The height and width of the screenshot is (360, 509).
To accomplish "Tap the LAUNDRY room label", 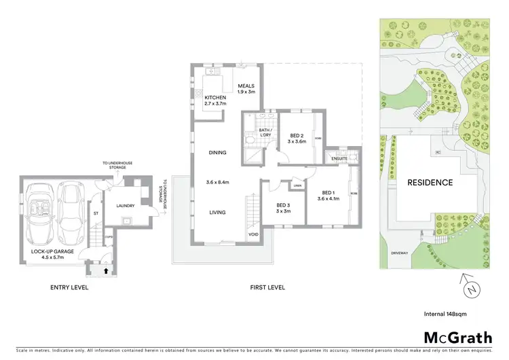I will pyautogui.click(x=125, y=206).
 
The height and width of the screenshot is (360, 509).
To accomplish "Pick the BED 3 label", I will pyautogui.click(x=283, y=208).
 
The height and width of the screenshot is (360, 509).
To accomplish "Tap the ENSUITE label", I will pyautogui.click(x=339, y=159).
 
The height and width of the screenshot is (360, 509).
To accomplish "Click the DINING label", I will pyautogui.click(x=217, y=153).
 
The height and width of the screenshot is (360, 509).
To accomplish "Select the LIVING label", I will pyautogui.click(x=217, y=213).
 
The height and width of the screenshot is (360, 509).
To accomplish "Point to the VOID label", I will pyautogui.click(x=254, y=235).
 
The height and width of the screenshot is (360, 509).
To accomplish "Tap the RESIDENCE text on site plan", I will pyautogui.click(x=430, y=183).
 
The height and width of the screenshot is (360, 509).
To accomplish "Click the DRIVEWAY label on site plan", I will pyautogui.click(x=399, y=253).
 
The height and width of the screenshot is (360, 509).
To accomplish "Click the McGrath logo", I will pyautogui.click(x=453, y=337).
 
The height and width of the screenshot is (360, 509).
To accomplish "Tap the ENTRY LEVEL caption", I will pyautogui.click(x=70, y=287).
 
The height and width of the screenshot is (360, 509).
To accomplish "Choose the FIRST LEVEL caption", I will pyautogui.click(x=266, y=287).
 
